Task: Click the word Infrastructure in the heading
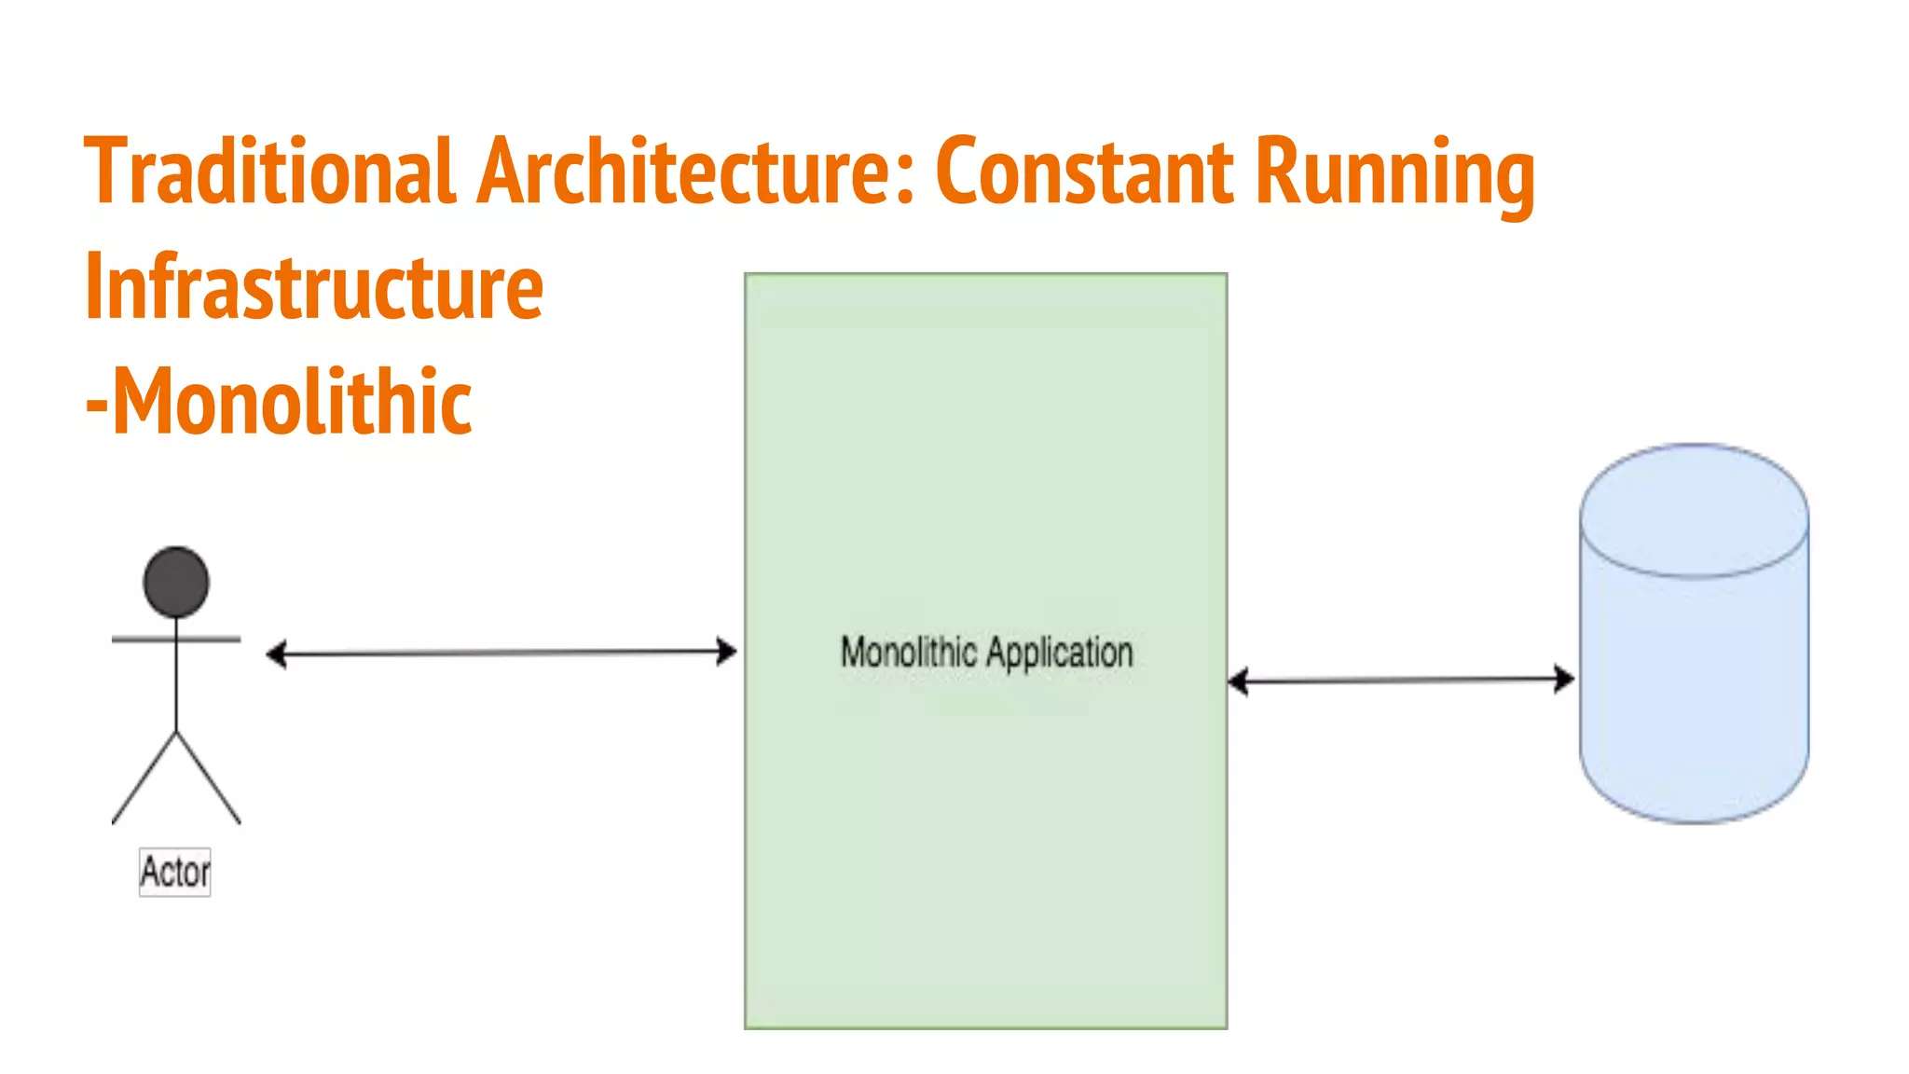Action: click(313, 286)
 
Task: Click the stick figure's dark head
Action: click(176, 583)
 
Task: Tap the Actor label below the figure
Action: click(175, 873)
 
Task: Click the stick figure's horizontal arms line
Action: click(176, 640)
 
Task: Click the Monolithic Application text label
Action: click(986, 652)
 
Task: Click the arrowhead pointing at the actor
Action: click(276, 654)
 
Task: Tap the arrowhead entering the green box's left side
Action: click(727, 651)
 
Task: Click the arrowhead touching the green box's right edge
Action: click(1238, 682)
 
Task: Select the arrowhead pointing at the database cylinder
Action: click(1565, 679)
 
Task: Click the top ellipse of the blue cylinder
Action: click(1695, 510)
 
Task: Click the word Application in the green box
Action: click(1059, 652)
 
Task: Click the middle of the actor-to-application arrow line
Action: click(501, 653)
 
